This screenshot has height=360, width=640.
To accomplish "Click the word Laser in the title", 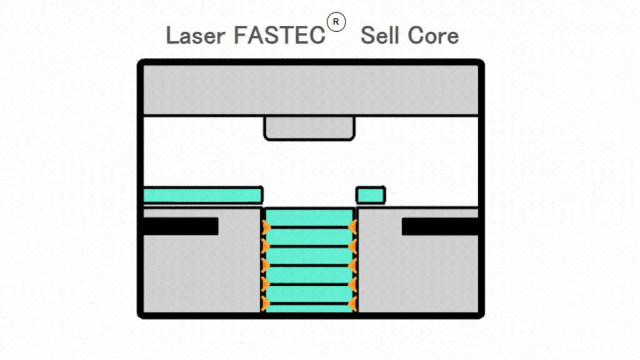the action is tap(196, 36).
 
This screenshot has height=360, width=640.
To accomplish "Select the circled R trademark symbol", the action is tap(336, 22).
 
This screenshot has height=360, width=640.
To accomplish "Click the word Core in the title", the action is tap(433, 36).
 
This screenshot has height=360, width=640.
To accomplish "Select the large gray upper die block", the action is tap(311, 90).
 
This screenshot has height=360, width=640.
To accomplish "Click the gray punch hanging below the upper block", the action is tap(309, 128).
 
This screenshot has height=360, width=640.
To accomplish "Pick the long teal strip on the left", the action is tap(203, 195).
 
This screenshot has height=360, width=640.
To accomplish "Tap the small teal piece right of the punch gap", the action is tap(371, 195).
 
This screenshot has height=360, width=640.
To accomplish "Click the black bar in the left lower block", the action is tap(181, 227).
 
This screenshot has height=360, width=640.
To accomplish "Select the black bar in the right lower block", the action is tap(440, 227).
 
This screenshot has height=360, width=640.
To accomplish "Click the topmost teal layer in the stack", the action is tap(309, 217).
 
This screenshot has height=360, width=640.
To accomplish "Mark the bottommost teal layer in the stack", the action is tap(309, 309).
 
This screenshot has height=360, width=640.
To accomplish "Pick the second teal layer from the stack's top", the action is tap(309, 237).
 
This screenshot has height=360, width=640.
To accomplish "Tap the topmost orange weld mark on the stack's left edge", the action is tap(266, 227).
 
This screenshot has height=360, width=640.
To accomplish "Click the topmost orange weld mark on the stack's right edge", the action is tap(353, 227).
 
